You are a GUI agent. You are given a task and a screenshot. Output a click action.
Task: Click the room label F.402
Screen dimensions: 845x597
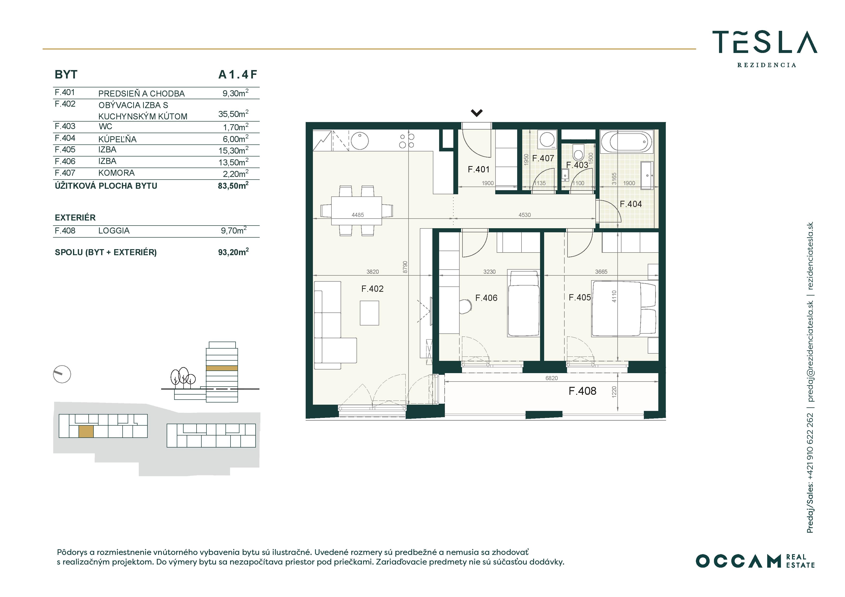coord(372,289)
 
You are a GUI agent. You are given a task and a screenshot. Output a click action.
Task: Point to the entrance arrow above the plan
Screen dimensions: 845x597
coord(477,113)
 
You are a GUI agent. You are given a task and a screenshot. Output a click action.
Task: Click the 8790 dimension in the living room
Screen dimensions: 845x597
coord(405,267)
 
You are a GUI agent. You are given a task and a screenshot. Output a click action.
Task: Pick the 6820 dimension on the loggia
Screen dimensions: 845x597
coord(551,378)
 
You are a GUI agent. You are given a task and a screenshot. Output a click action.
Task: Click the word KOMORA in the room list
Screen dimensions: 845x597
coord(116,173)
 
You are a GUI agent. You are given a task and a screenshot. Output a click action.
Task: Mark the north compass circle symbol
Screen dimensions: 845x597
coord(62,375)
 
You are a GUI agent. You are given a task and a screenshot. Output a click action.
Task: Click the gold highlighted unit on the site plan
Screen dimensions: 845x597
coord(86,431)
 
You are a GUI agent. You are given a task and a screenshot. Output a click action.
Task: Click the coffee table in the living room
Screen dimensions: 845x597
coord(369,313)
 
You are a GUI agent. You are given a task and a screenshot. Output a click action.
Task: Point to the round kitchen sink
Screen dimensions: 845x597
coord(360,141)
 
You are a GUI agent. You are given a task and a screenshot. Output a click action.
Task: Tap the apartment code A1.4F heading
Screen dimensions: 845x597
coord(238,75)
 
